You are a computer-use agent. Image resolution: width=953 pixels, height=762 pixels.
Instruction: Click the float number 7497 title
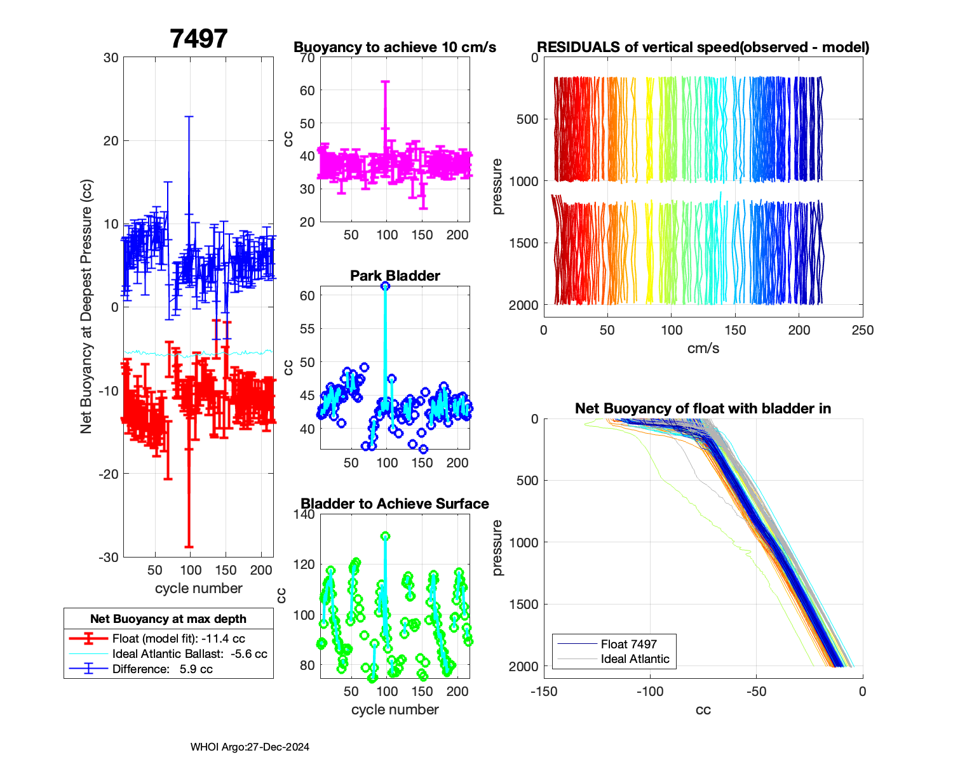coord(198,39)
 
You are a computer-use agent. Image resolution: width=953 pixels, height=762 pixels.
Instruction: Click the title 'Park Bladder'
coord(395,276)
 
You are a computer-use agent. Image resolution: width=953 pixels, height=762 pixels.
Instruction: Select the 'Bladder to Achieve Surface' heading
coord(395,504)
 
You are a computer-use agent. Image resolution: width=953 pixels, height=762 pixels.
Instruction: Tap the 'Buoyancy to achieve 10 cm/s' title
coord(395,47)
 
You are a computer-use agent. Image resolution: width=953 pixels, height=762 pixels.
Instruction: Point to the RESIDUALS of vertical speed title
coord(703,47)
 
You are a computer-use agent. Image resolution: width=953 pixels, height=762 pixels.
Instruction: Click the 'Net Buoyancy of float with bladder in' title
coord(703,408)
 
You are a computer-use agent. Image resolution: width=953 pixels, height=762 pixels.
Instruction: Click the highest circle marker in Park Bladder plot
coord(385,286)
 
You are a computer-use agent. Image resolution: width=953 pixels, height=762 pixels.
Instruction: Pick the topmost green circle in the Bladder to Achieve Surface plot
coord(385,536)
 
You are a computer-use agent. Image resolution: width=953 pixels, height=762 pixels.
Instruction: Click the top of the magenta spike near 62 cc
coord(385,81)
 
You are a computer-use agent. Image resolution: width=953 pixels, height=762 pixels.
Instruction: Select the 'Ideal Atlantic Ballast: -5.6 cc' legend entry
coord(189,653)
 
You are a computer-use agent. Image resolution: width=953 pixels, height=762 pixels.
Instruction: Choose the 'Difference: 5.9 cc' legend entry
coord(162,669)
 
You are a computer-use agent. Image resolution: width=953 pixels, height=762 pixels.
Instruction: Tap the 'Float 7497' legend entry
coord(628,644)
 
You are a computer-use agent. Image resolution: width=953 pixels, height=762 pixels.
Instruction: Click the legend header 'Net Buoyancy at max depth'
coord(168,618)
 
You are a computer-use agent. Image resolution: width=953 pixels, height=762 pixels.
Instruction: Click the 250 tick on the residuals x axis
coord(862,330)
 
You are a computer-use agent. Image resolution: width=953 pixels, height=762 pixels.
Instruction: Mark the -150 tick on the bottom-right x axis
coord(544,692)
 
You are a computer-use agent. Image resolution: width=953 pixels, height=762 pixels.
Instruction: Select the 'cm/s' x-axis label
coord(703,348)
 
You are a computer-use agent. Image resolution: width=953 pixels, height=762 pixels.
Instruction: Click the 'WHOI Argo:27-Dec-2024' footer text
coord(250,747)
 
